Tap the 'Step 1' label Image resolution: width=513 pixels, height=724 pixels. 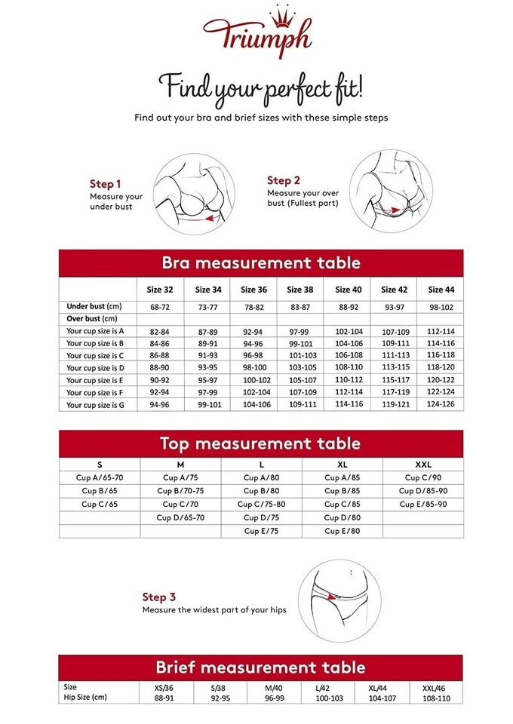click(105, 184)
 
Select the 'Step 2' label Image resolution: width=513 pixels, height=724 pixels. click(284, 180)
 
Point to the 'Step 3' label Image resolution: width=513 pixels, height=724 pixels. click(159, 597)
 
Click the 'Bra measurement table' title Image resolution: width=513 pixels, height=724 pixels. click(261, 263)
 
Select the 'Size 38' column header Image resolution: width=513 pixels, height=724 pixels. click(300, 290)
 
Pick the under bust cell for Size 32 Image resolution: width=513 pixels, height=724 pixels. click(160, 307)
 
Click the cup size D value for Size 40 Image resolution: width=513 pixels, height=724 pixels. click(349, 368)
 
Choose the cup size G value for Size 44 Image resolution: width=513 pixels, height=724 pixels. click(441, 405)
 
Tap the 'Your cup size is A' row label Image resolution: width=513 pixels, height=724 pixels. click(95, 331)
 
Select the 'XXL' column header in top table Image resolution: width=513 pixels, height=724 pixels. click(422, 464)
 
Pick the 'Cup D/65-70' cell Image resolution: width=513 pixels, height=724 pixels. click(180, 518)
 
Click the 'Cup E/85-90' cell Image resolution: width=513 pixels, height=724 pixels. click(422, 505)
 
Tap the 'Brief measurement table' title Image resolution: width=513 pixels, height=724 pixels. click(261, 667)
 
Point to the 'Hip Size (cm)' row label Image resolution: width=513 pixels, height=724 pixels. click(85, 698)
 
